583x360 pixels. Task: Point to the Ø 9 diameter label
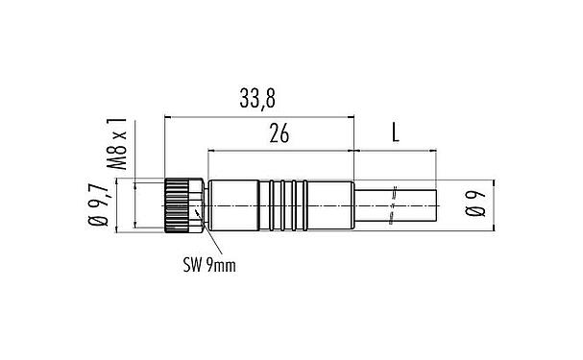[x=473, y=204]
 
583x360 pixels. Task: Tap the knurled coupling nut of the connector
[x=180, y=204]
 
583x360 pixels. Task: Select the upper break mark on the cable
[x=395, y=190]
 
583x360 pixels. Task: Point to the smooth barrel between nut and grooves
[x=231, y=204]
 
